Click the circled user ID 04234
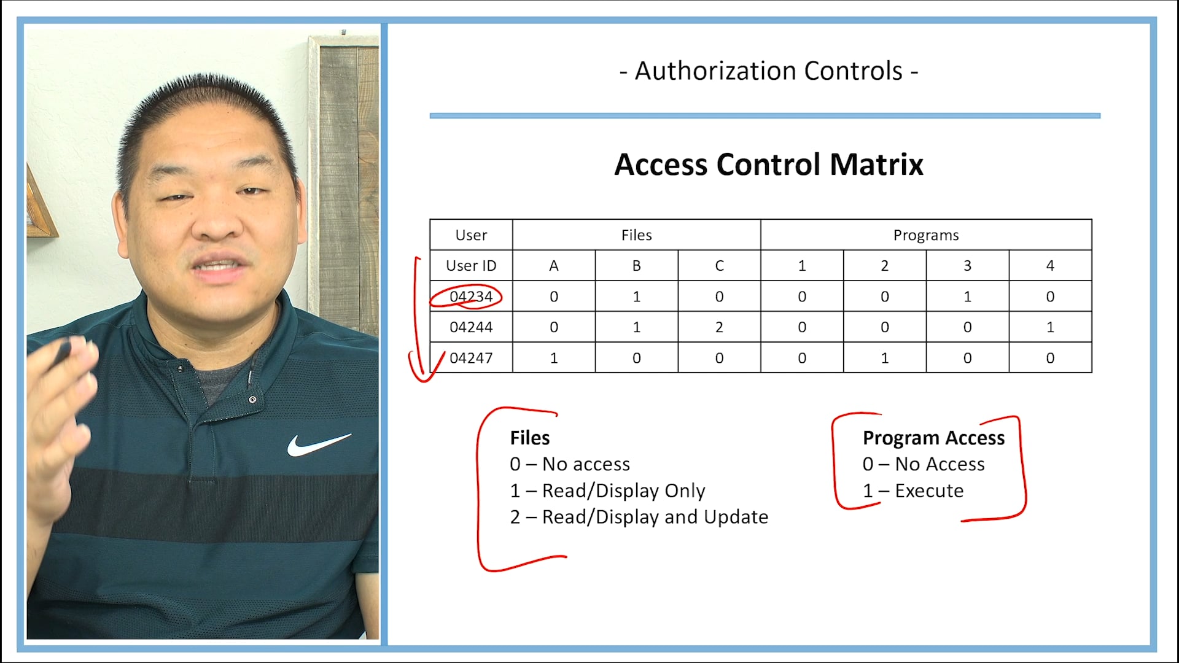[471, 297]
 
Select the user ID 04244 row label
[471, 327]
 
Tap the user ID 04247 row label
[471, 358]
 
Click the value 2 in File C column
[719, 327]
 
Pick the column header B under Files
[636, 266]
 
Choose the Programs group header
[925, 235]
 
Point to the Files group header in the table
[636, 235]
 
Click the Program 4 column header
[1050, 266]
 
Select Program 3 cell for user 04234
[967, 297]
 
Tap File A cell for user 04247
[553, 358]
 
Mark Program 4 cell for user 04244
[1050, 327]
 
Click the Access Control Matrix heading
[768, 165]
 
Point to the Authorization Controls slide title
[768, 71]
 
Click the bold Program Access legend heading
[933, 438]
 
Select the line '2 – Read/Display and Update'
[639, 517]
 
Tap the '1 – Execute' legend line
[913, 490]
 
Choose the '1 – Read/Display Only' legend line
[607, 490]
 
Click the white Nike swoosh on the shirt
[318, 444]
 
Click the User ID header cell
[471, 266]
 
